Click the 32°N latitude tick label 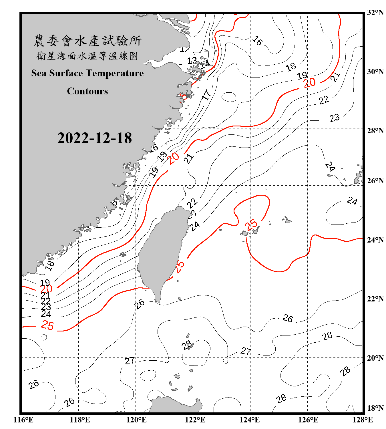pyautogui.click(x=375, y=13)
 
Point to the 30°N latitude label pyautogui.click(x=375, y=71)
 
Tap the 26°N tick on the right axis pyautogui.click(x=375, y=181)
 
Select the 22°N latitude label pyautogui.click(x=375, y=299)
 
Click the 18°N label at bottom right pyautogui.click(x=375, y=408)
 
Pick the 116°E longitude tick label pyautogui.click(x=23, y=420)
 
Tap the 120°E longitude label pyautogui.click(x=136, y=420)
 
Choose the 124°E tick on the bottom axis pyautogui.click(x=250, y=420)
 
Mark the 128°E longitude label pyautogui.click(x=363, y=420)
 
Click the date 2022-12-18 pyautogui.click(x=94, y=138)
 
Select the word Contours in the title pyautogui.click(x=87, y=91)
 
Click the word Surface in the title pyautogui.click(x=66, y=73)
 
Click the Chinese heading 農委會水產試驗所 pyautogui.click(x=87, y=41)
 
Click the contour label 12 pyautogui.click(x=185, y=49)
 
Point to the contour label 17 pyautogui.click(x=206, y=95)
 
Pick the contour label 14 pyautogui.click(x=205, y=64)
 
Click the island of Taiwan pyautogui.click(x=162, y=252)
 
